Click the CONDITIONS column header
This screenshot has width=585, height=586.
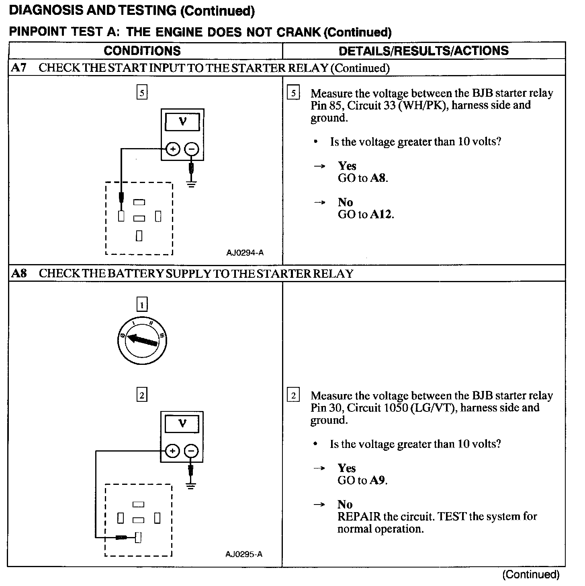point(142,51)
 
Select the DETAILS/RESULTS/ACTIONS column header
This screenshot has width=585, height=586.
point(423,51)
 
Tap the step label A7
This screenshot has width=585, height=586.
point(18,68)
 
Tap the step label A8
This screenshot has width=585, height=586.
point(19,273)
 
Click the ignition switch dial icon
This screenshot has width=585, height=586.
point(141,342)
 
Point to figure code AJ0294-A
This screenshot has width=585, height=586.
point(245,253)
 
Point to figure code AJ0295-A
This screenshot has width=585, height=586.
point(244,554)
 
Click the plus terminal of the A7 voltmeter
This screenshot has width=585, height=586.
point(173,150)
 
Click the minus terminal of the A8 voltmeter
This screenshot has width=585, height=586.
point(191,451)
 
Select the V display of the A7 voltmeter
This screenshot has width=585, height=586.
point(182,122)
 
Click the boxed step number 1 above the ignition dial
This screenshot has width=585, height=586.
point(142,305)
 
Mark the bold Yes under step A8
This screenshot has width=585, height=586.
point(347,468)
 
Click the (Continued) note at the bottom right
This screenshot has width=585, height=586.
point(530,574)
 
